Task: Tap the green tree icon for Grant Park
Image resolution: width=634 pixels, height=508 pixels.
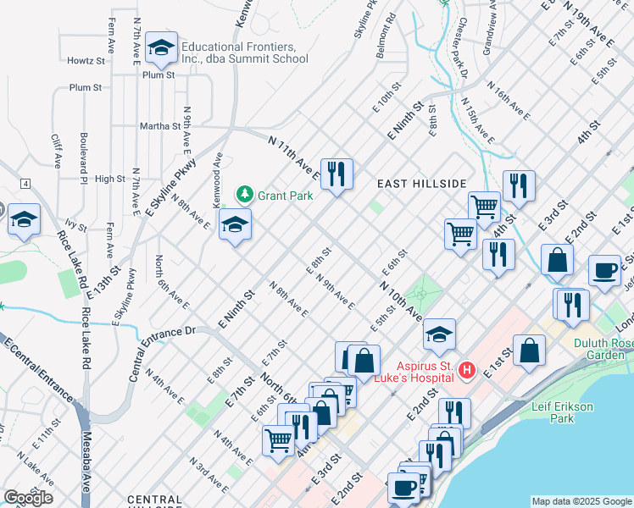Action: point(245,195)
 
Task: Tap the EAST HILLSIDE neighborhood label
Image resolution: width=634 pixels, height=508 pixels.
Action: point(421,184)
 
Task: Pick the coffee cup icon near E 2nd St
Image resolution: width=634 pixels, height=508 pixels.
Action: point(604,271)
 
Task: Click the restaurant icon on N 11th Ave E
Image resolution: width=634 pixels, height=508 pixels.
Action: point(336,174)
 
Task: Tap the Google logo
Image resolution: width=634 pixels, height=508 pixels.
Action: point(28,498)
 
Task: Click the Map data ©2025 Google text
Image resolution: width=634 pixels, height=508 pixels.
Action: point(581,501)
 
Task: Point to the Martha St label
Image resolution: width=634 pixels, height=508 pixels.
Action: point(160,126)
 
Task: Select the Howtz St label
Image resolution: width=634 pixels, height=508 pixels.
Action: point(86,61)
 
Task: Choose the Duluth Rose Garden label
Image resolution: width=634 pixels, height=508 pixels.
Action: point(603,349)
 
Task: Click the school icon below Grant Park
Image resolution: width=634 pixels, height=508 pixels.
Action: point(235,225)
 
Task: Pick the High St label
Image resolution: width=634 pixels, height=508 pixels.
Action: point(110,179)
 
